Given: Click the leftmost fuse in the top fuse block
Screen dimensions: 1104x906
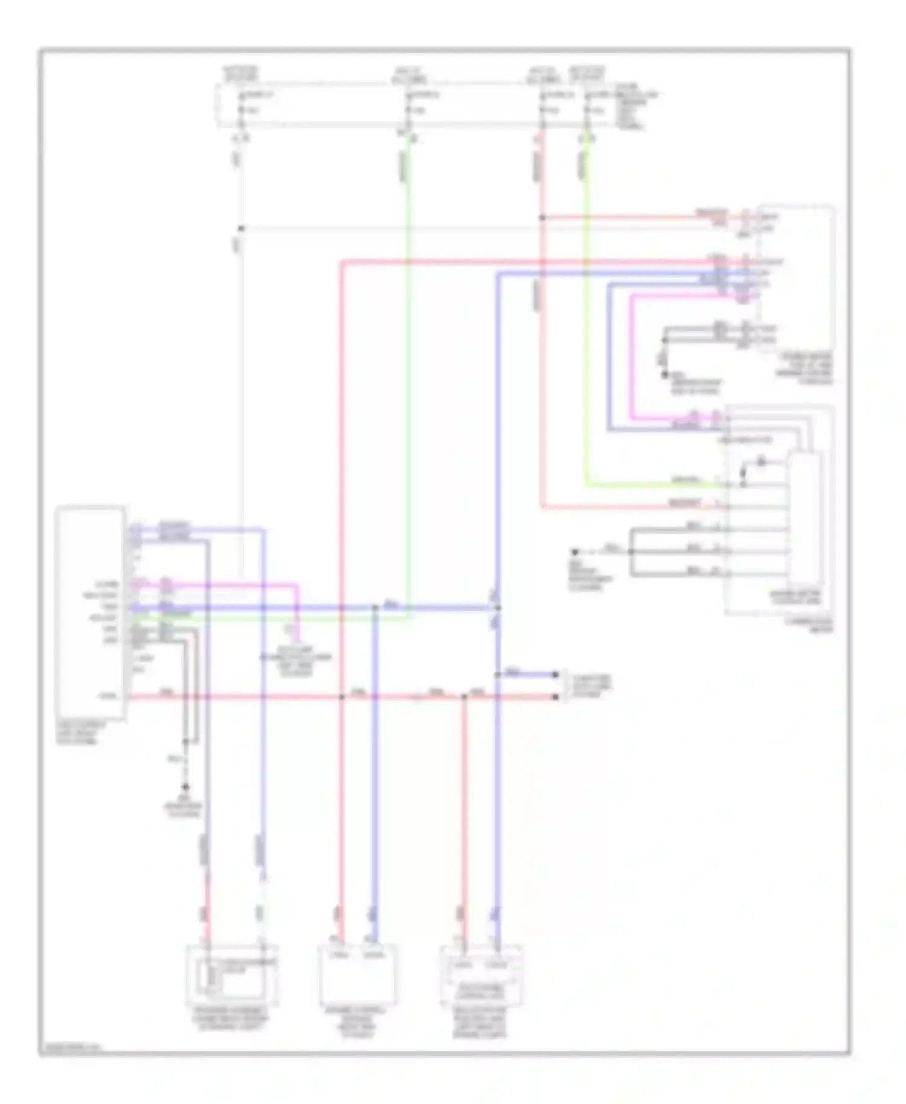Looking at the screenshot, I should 241,103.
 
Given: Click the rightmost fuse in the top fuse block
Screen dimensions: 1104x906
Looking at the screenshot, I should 586,103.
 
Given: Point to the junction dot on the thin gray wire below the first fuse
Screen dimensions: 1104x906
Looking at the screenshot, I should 241,228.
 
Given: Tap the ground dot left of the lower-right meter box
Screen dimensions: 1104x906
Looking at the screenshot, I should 575,551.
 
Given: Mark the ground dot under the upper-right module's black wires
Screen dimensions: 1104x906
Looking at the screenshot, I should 664,375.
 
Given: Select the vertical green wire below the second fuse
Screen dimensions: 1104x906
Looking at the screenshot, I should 408,362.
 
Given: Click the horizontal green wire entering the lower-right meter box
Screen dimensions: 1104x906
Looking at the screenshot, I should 664,485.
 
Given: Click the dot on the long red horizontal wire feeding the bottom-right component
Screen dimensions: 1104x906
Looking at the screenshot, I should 464,697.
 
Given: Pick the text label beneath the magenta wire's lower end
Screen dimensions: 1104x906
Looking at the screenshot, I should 296,658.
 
